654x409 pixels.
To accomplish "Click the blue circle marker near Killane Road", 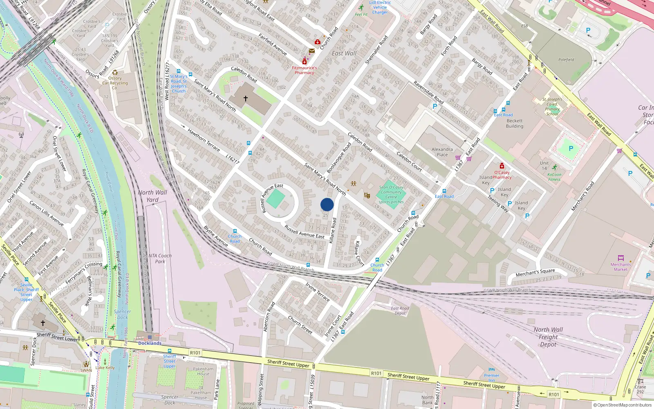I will (327, 204).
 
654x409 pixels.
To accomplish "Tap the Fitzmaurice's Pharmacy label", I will (305, 70).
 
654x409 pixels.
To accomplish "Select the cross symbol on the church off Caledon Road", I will (246, 99).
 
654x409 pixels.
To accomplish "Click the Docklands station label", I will (150, 343).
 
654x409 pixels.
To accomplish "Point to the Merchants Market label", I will (620, 267).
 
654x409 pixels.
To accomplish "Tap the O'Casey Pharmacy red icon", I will (502, 166).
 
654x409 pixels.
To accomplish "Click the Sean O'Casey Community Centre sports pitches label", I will (391, 195).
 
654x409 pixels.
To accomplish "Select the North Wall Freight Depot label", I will (548, 337).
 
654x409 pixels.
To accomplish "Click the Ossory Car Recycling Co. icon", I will (115, 72).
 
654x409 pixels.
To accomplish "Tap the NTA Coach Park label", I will (160, 258).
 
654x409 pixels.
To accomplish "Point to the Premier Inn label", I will (491, 378).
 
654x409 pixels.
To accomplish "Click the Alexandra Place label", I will (442, 152).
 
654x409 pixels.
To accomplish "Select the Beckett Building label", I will (515, 123).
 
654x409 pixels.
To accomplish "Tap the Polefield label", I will (566, 60).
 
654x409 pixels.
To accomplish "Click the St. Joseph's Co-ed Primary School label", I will (552, 106).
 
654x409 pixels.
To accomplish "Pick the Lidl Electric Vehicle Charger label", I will (380, 7).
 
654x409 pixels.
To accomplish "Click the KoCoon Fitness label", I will (554, 177).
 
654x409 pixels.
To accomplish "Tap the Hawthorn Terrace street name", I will (204, 140).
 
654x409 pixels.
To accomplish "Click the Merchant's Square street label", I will (535, 272).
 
